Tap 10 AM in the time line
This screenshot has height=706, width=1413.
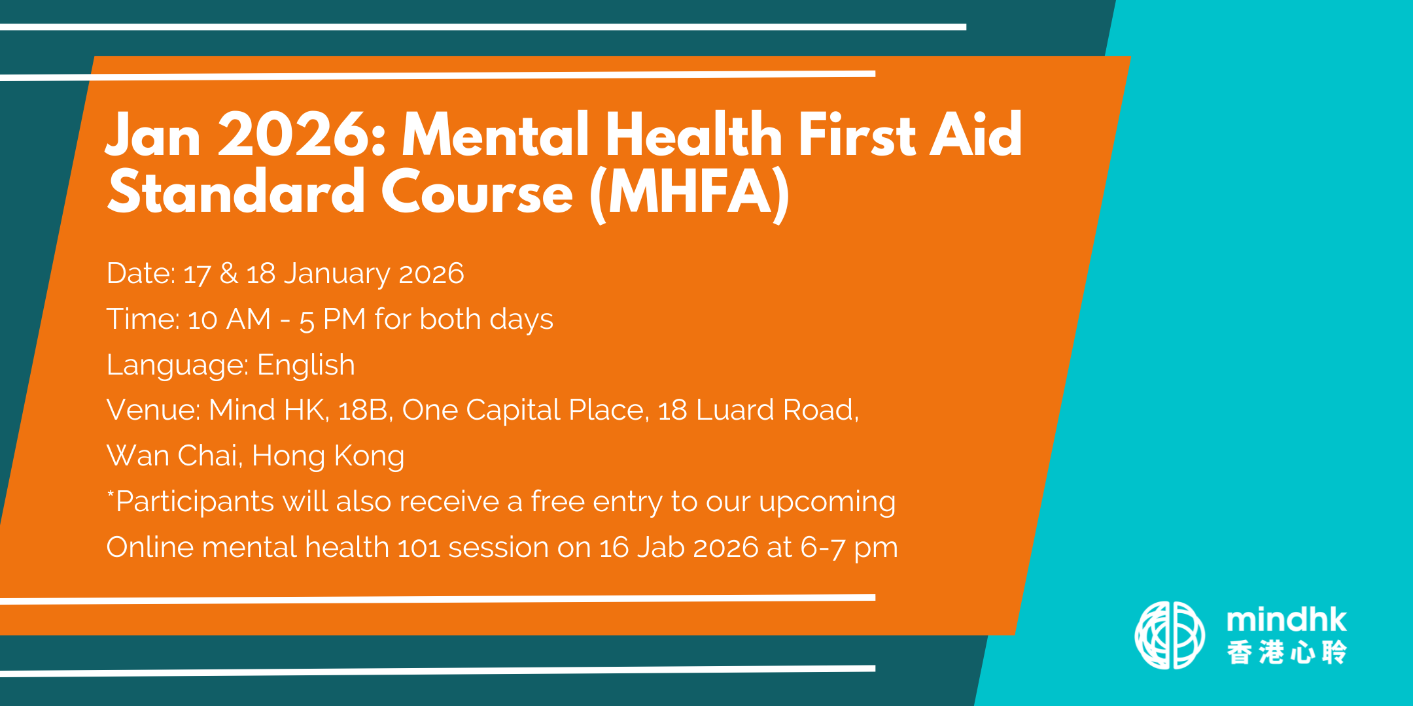(x=229, y=320)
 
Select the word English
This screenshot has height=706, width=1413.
(x=306, y=365)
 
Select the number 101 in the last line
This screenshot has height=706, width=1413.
(x=419, y=548)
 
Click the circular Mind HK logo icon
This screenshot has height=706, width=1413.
(x=1170, y=635)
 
